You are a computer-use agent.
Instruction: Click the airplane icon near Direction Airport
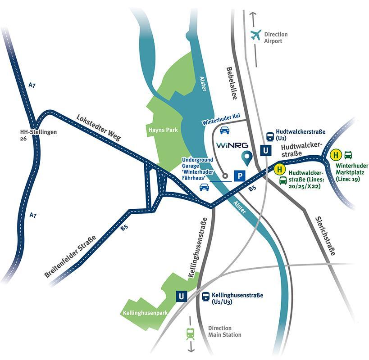(x=256, y=35)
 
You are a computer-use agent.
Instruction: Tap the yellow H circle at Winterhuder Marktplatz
(x=335, y=155)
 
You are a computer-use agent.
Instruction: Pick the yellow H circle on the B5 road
(x=279, y=170)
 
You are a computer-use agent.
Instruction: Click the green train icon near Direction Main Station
(x=190, y=333)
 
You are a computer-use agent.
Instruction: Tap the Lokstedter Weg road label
(x=99, y=127)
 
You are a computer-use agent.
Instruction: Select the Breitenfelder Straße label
(x=70, y=257)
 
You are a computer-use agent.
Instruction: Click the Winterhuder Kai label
(x=221, y=119)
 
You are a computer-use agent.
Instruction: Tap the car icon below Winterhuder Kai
(x=224, y=130)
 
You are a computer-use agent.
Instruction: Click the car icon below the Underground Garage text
(x=204, y=187)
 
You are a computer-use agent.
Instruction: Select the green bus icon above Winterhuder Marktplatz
(x=348, y=155)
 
